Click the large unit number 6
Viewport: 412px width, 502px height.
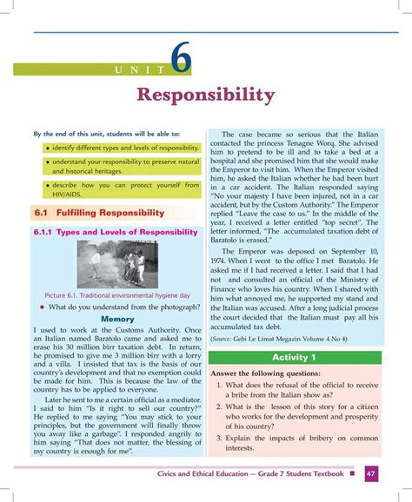181,58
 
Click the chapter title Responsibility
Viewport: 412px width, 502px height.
206,94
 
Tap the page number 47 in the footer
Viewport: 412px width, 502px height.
371,473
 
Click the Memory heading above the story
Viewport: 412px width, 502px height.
116,319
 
